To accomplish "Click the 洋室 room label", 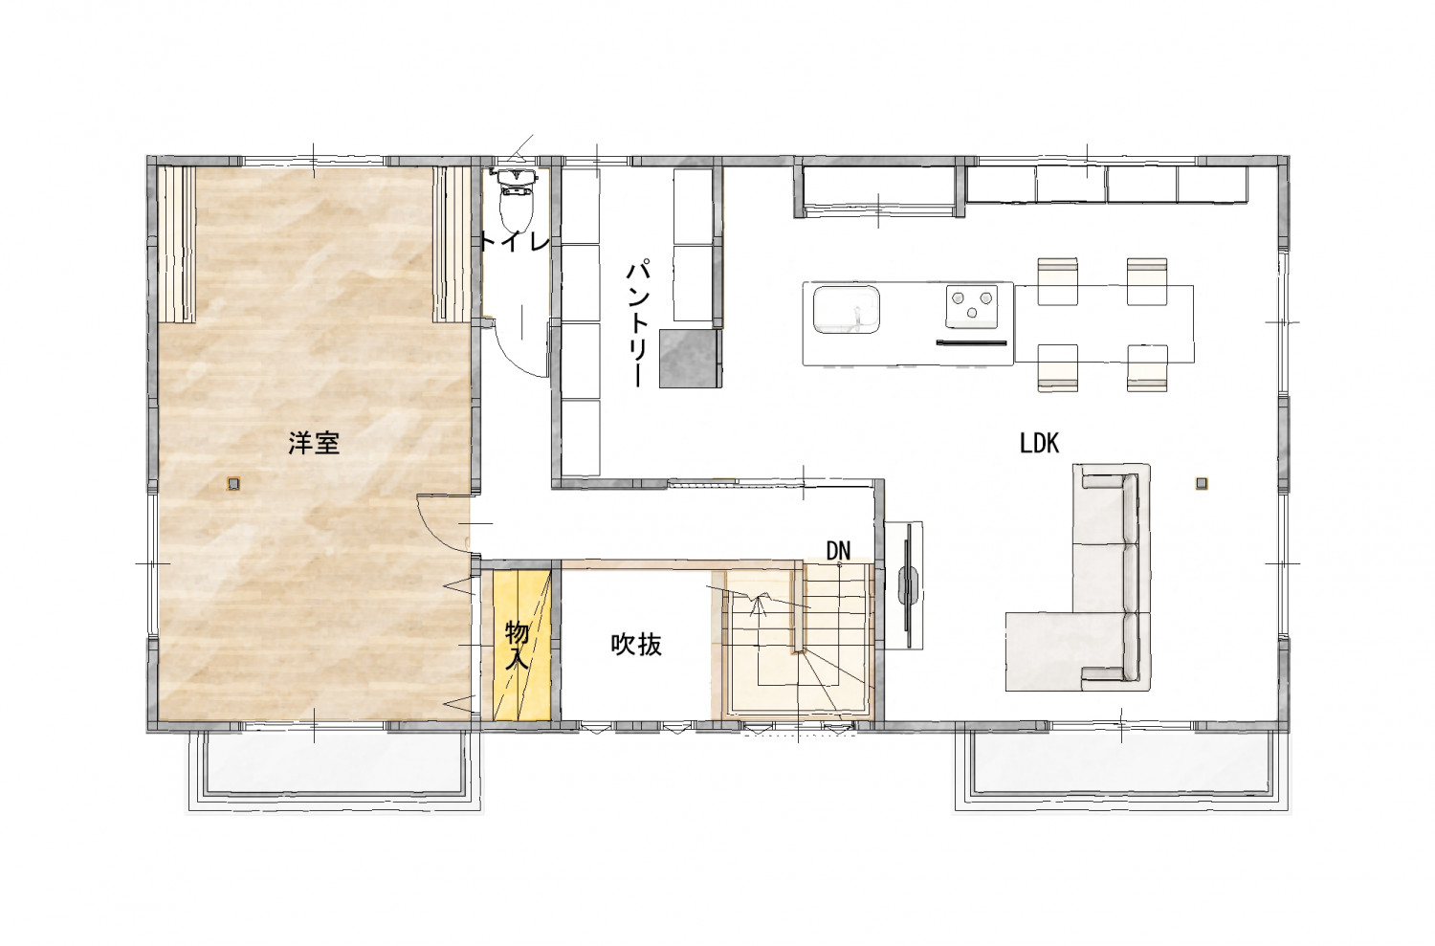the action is [x=313, y=443].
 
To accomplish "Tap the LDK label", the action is [x=1039, y=443].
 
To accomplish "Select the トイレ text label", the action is [x=515, y=242].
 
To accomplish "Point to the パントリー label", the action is [x=639, y=322].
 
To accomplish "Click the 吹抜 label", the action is [x=636, y=645].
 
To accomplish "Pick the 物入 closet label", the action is [x=517, y=645].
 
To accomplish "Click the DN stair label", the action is [x=838, y=551].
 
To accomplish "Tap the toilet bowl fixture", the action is [x=516, y=201].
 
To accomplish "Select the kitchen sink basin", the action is [x=847, y=310].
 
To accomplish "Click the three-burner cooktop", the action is [x=972, y=305].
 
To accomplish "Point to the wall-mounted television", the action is [x=907, y=585].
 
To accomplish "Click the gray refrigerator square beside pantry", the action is [x=690, y=359].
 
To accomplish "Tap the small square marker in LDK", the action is [x=1202, y=484].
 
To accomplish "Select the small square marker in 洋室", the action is [x=233, y=484].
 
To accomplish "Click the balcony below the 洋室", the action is [x=334, y=772].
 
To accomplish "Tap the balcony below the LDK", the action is [x=1121, y=772].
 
